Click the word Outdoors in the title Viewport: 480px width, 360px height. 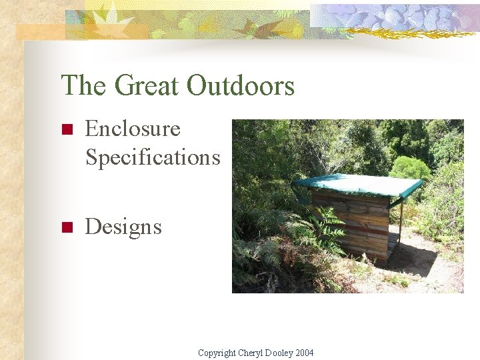pos(241,86)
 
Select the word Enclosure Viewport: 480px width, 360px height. pos(133,128)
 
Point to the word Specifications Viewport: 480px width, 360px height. pos(152,157)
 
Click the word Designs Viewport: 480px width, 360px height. pos(123,227)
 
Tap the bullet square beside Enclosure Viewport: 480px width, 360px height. pos(65,129)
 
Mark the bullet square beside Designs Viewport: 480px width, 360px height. pos(65,228)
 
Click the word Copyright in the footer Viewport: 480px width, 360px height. pos(217,353)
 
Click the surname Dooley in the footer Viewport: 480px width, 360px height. pos(280,353)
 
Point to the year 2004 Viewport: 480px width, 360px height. pos(305,353)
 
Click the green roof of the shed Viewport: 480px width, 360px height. pos(360,185)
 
